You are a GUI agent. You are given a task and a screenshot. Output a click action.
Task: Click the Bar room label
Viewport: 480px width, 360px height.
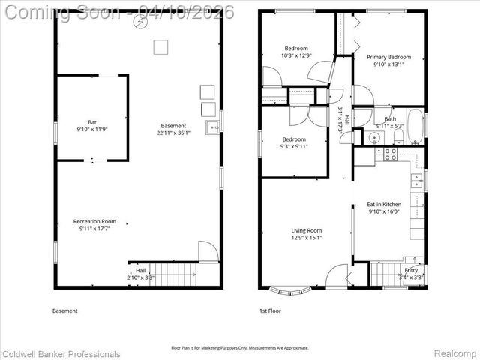tap(92, 121)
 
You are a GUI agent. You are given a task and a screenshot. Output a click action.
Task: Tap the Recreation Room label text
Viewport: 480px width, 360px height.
tap(94, 221)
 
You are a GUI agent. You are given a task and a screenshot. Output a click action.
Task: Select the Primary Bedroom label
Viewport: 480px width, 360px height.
tap(388, 57)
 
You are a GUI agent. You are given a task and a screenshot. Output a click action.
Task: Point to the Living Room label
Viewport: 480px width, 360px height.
tap(306, 230)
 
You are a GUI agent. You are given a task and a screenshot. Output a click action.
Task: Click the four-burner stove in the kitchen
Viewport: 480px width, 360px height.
tap(391, 154)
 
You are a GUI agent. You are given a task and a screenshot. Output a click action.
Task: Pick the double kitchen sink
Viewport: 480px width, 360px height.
tap(415, 180)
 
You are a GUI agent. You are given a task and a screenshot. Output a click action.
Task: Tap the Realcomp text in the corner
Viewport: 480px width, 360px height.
tap(456, 353)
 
